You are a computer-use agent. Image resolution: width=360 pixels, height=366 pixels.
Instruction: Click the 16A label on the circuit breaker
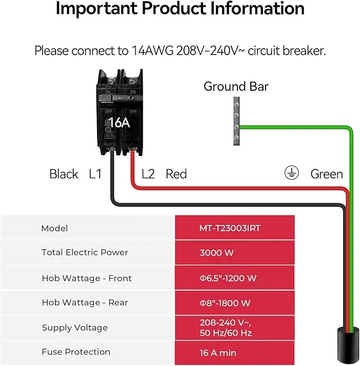tap(119, 123)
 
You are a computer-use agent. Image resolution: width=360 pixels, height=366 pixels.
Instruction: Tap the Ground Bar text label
tap(236, 86)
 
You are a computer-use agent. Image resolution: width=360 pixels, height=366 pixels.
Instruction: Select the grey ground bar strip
tap(235, 122)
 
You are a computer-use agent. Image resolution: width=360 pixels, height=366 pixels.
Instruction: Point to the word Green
tap(327, 174)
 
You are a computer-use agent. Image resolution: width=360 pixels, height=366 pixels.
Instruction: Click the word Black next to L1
tap(64, 174)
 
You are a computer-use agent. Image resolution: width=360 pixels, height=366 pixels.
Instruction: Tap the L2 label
tap(148, 174)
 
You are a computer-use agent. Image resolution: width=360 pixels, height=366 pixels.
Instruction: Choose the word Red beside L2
tap(176, 174)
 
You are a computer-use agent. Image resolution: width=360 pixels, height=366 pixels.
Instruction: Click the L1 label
tap(95, 174)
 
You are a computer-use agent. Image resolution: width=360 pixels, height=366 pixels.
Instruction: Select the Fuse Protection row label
tap(76, 352)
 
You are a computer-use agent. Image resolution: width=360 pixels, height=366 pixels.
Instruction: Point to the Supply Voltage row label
tap(75, 328)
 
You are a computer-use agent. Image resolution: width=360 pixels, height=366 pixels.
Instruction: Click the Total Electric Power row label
tap(85, 252)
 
